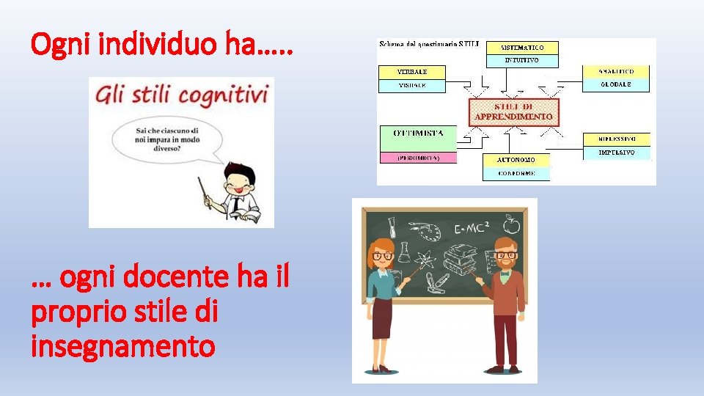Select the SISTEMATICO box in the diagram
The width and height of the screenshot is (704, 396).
pyautogui.click(x=521, y=46)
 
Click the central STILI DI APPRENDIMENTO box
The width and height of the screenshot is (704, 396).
pyautogui.click(x=513, y=112)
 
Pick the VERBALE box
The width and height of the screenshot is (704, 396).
pyautogui.click(x=411, y=72)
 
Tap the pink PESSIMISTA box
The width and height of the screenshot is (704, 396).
pyautogui.click(x=417, y=158)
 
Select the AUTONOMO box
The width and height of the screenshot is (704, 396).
pyautogui.click(x=516, y=159)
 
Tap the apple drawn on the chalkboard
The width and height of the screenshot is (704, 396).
pyautogui.click(x=512, y=221)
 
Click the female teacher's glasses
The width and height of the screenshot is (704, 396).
pyautogui.click(x=383, y=257)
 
